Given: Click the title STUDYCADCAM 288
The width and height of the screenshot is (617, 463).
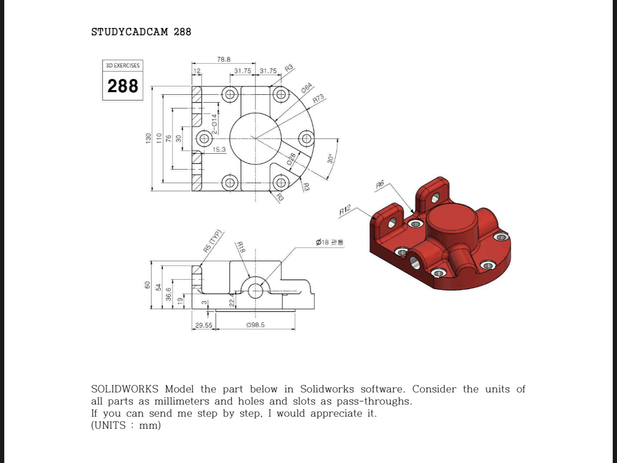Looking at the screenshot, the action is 141,32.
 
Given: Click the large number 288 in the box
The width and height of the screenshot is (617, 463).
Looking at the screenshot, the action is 122,86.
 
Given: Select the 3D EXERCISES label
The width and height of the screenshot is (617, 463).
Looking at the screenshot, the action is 122,65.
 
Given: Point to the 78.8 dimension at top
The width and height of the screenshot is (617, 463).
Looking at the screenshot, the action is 224,60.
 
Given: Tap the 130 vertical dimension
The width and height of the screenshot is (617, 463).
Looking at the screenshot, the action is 149,138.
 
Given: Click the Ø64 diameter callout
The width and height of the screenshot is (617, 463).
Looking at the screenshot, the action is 307,87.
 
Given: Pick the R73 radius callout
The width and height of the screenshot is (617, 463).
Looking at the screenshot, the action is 319,98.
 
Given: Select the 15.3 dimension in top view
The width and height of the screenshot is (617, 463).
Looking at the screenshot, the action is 219,150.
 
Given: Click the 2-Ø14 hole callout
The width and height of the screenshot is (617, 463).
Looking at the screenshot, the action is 214,124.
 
